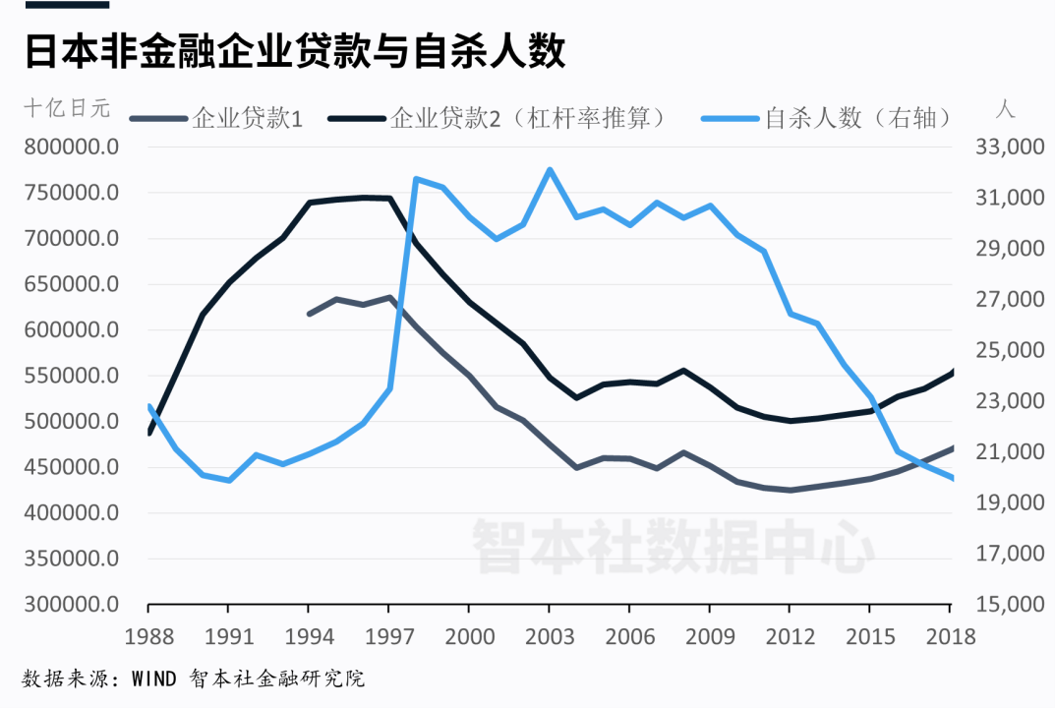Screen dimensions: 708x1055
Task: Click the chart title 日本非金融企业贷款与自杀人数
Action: (295, 51)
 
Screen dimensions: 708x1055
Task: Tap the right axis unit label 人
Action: (1004, 108)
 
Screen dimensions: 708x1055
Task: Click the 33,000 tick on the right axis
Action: (1009, 147)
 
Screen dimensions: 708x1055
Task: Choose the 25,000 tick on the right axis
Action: (1009, 350)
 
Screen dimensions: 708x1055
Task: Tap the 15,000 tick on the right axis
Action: (1009, 604)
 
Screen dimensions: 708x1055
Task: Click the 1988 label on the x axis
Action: (147, 636)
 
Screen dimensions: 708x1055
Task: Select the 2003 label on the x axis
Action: (550, 636)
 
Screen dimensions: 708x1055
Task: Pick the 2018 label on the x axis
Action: (950, 636)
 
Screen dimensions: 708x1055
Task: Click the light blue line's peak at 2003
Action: (550, 169)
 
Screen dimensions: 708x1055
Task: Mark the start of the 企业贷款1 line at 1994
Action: (309, 314)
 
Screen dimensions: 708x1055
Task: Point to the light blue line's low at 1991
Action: (228, 480)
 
